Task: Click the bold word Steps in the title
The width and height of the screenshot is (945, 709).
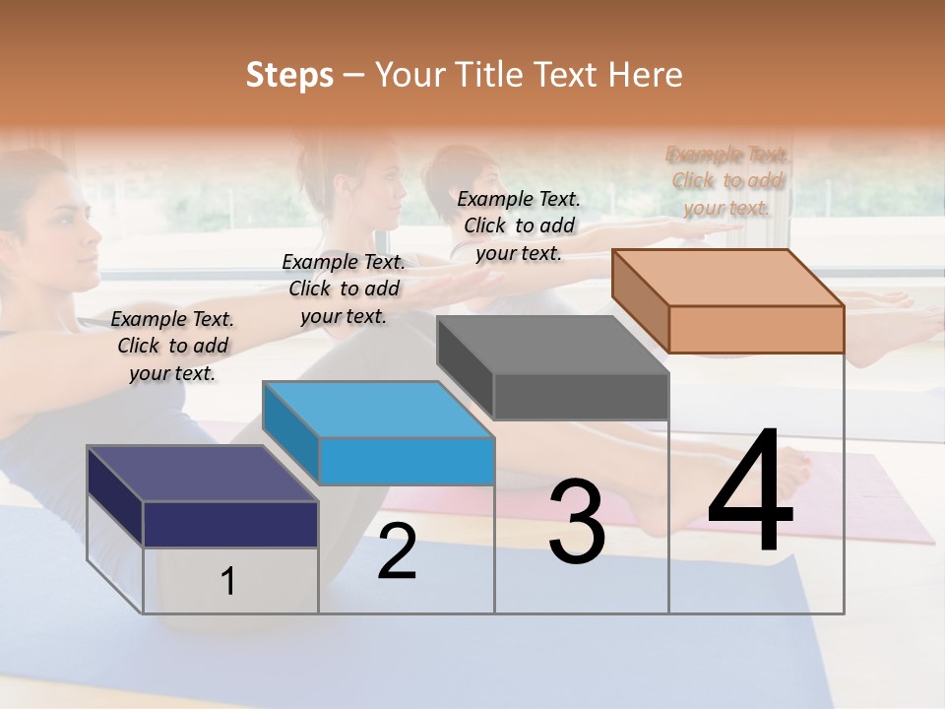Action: (289, 75)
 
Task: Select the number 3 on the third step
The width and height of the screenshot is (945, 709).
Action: (576, 522)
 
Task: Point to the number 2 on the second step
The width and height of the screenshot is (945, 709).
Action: (397, 551)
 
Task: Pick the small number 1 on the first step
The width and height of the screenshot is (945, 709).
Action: (227, 582)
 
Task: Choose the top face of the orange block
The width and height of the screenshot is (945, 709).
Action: (727, 277)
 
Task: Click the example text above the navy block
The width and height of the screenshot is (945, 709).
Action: (172, 346)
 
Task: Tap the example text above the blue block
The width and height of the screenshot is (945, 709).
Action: (344, 289)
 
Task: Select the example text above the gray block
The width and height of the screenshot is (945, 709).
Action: (519, 226)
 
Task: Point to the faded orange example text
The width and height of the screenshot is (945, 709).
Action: (727, 180)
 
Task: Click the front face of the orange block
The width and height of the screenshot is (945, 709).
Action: (756, 329)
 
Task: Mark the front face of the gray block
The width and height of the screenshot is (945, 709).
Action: (581, 397)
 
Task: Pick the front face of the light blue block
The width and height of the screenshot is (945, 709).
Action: (407, 462)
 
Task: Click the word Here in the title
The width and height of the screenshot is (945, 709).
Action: (646, 75)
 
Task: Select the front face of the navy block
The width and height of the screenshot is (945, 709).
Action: (230, 524)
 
